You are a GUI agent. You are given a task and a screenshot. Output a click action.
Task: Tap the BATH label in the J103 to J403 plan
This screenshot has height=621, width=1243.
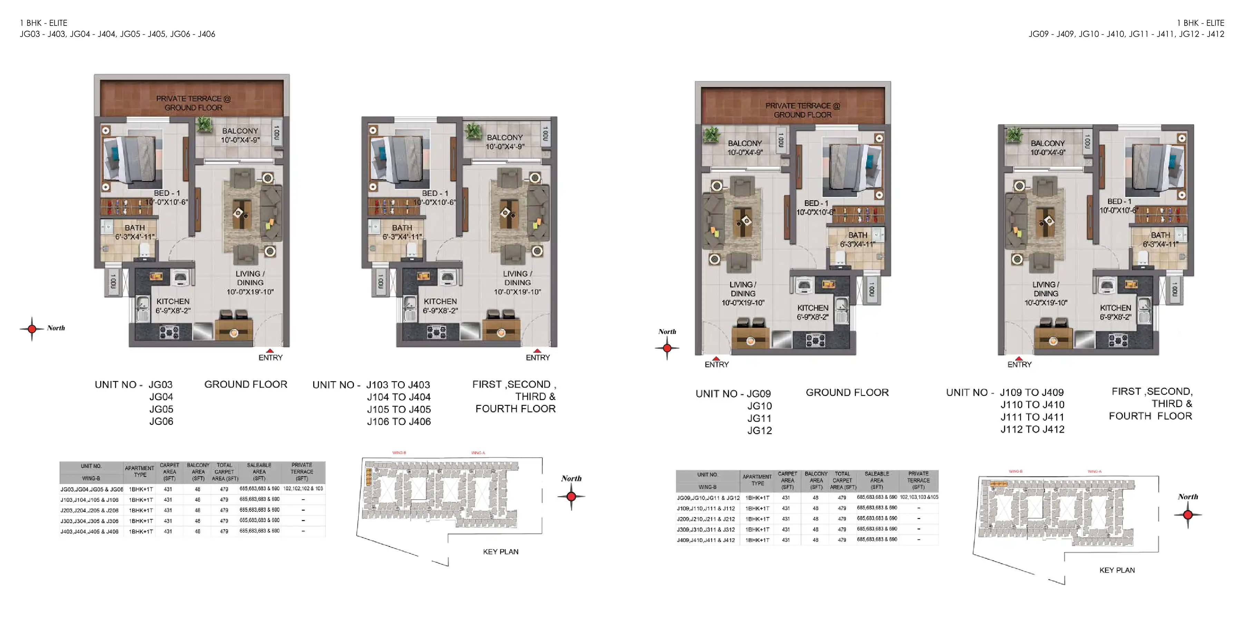[402, 228]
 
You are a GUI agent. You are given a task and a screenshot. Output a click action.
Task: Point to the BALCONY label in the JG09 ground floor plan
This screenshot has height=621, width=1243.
[744, 144]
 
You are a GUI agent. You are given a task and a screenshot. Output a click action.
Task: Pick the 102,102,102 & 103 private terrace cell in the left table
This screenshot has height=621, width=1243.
[302, 489]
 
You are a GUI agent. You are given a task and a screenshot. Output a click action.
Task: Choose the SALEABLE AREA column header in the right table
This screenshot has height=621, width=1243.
[876, 480]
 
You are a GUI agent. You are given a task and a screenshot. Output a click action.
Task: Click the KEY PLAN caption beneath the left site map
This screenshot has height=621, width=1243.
[500, 552]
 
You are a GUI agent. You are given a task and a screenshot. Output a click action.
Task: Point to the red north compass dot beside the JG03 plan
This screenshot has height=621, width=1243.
[32, 329]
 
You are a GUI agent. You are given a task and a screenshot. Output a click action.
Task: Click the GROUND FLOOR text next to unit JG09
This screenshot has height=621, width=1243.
[847, 393]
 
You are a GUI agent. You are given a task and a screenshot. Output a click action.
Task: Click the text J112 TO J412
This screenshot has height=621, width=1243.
[1032, 430]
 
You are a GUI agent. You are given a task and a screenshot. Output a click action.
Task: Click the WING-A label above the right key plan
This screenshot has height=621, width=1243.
[1095, 472]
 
